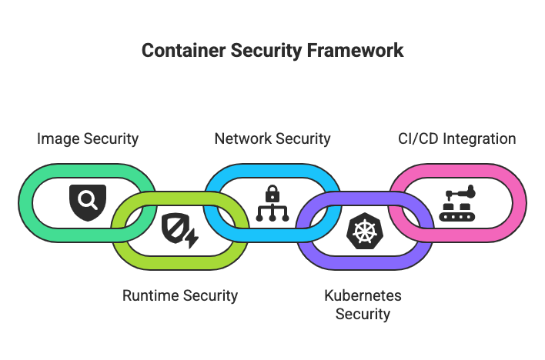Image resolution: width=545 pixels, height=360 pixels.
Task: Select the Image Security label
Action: (x=89, y=139)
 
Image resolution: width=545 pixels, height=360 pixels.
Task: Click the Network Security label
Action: (x=272, y=139)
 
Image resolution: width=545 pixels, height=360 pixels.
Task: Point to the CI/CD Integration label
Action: (x=457, y=139)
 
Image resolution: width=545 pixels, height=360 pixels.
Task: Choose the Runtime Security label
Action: (x=180, y=295)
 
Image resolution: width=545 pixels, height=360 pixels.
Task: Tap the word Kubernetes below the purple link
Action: (x=363, y=295)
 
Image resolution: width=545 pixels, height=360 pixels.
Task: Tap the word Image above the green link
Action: (x=56, y=139)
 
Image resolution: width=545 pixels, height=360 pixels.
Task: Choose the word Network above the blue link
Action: (x=241, y=139)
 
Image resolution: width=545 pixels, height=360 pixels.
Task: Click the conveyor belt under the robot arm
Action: (x=457, y=216)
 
